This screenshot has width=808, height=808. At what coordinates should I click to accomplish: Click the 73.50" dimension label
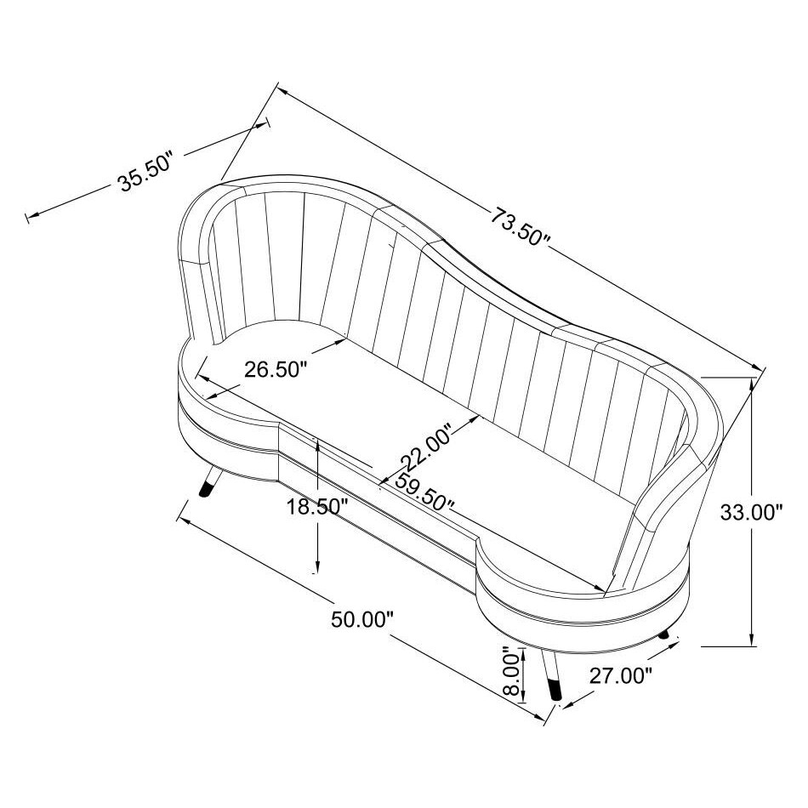pos(521,226)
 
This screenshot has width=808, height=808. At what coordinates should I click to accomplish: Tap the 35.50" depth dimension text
pos(145,174)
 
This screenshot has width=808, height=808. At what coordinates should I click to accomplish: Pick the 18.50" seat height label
pos(317,508)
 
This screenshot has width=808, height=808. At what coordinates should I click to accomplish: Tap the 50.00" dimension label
pos(361,619)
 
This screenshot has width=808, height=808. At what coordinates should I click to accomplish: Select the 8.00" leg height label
pos(510,674)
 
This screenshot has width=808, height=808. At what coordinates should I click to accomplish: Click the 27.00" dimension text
pos(621,676)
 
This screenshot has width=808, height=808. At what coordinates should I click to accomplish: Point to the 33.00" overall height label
pos(751,513)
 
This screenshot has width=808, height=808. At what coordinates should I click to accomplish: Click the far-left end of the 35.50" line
pos(30,218)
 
